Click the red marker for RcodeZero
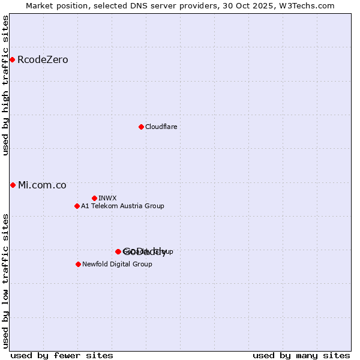tap(12, 59)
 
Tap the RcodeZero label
tap(43, 60)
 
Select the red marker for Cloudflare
tap(141, 127)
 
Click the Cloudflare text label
tap(161, 127)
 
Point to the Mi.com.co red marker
tap(13, 185)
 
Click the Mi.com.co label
tap(42, 185)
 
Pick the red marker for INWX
tap(94, 198)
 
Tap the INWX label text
tap(107, 199)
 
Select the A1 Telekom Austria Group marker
tap(77, 206)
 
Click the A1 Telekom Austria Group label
tap(122, 206)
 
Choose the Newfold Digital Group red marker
tap(78, 264)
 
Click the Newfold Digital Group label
tap(117, 265)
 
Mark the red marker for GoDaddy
tap(118, 251)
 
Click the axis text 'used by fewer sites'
tap(62, 355)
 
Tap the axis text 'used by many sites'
tap(301, 355)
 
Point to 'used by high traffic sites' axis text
tap(6, 85)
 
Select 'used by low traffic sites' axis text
tap(6, 280)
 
